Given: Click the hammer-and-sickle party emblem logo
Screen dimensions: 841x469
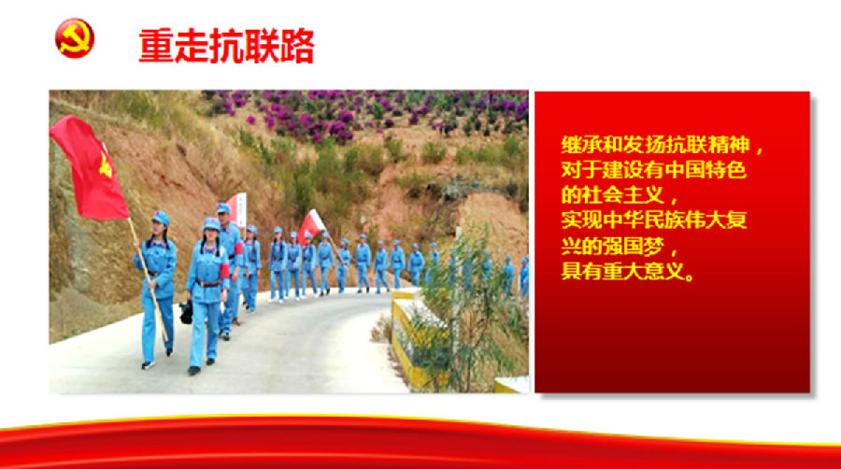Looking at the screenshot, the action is (x=75, y=38).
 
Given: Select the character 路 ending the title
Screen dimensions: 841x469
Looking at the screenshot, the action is (x=296, y=47).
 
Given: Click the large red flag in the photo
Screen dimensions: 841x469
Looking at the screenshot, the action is (x=89, y=168).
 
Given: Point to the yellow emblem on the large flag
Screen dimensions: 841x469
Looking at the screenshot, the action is (x=105, y=166).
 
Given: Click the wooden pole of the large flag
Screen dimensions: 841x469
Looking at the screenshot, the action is (x=148, y=279).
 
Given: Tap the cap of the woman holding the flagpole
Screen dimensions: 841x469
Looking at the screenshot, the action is (x=161, y=218).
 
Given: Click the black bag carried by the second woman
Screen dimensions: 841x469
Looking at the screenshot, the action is (x=186, y=312).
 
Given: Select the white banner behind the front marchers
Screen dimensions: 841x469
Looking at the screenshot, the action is (x=237, y=209).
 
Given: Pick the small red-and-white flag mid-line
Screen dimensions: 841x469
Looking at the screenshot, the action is (x=310, y=225).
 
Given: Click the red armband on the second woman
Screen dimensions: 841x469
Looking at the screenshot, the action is (x=224, y=271).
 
